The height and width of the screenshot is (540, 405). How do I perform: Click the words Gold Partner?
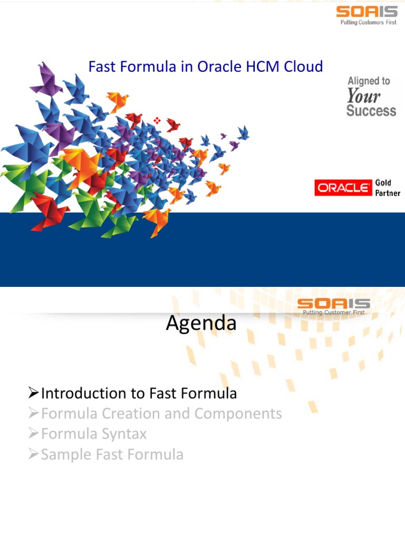[x=388, y=188]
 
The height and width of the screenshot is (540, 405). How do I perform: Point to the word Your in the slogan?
[x=363, y=96]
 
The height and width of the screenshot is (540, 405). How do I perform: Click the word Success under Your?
[x=371, y=111]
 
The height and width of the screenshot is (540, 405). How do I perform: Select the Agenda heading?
[x=201, y=323]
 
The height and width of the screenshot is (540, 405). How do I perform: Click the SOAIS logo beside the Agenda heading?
[x=333, y=303]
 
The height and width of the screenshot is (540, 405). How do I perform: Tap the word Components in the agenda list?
[x=238, y=414]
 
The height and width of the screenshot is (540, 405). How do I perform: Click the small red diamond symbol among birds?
[x=157, y=121]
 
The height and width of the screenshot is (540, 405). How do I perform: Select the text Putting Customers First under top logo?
[x=367, y=23]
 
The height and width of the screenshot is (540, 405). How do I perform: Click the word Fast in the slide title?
[x=100, y=67]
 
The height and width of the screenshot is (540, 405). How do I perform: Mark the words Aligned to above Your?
[x=369, y=81]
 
